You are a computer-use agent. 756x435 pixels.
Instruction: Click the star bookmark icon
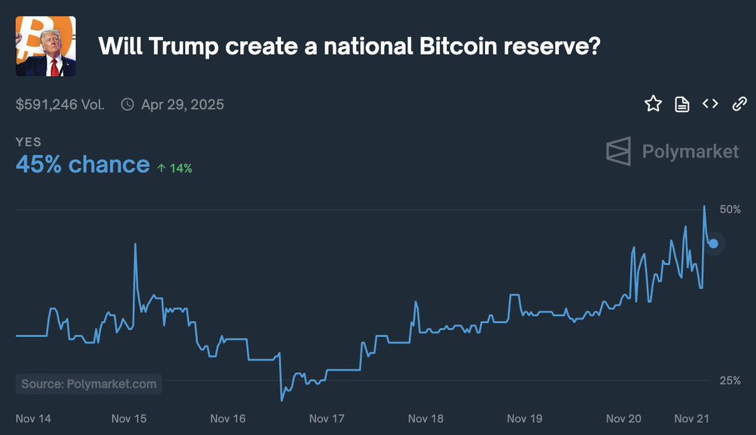pyautogui.click(x=653, y=104)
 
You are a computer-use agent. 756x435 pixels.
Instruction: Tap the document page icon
pyautogui.click(x=682, y=104)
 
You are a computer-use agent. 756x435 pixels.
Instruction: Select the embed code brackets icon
pyautogui.click(x=710, y=104)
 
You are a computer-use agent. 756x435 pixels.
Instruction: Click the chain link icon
pyautogui.click(x=739, y=104)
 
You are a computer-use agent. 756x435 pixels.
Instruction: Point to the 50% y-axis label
pyautogui.click(x=730, y=209)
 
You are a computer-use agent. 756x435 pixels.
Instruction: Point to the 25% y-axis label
pyautogui.click(x=730, y=380)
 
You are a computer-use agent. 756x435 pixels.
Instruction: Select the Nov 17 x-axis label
pyautogui.click(x=326, y=418)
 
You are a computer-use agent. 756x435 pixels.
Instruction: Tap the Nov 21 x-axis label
pyautogui.click(x=692, y=418)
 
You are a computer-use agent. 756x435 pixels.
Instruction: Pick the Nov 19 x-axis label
pyautogui.click(x=524, y=418)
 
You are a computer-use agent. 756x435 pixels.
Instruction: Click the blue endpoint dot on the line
pyautogui.click(x=713, y=244)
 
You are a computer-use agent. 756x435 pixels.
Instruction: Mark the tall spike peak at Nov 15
pyautogui.click(x=135, y=244)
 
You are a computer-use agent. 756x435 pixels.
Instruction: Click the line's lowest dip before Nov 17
pyautogui.click(x=282, y=400)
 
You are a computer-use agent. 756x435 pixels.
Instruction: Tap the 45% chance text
pyautogui.click(x=83, y=165)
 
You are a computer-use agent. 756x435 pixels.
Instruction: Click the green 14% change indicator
pyautogui.click(x=175, y=168)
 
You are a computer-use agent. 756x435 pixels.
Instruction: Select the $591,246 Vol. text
pyautogui.click(x=60, y=105)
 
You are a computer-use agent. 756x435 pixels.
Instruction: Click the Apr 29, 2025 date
pyautogui.click(x=182, y=105)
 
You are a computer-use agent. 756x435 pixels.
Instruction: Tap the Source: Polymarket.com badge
pyautogui.click(x=89, y=384)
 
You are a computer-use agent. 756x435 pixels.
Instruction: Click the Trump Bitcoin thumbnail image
pyautogui.click(x=45, y=46)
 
